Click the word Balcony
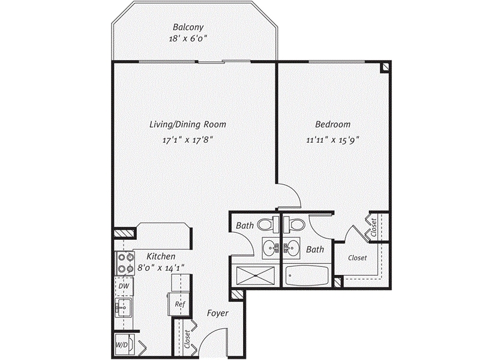(188, 27)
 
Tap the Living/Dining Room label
(188, 125)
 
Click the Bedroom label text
(332, 125)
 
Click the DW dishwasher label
(124, 286)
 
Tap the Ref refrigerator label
(179, 304)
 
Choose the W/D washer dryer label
(122, 346)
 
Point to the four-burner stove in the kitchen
(124, 262)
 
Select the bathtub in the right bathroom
(306, 277)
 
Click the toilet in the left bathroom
(265, 225)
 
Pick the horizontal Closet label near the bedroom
(358, 257)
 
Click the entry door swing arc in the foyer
(213, 340)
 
